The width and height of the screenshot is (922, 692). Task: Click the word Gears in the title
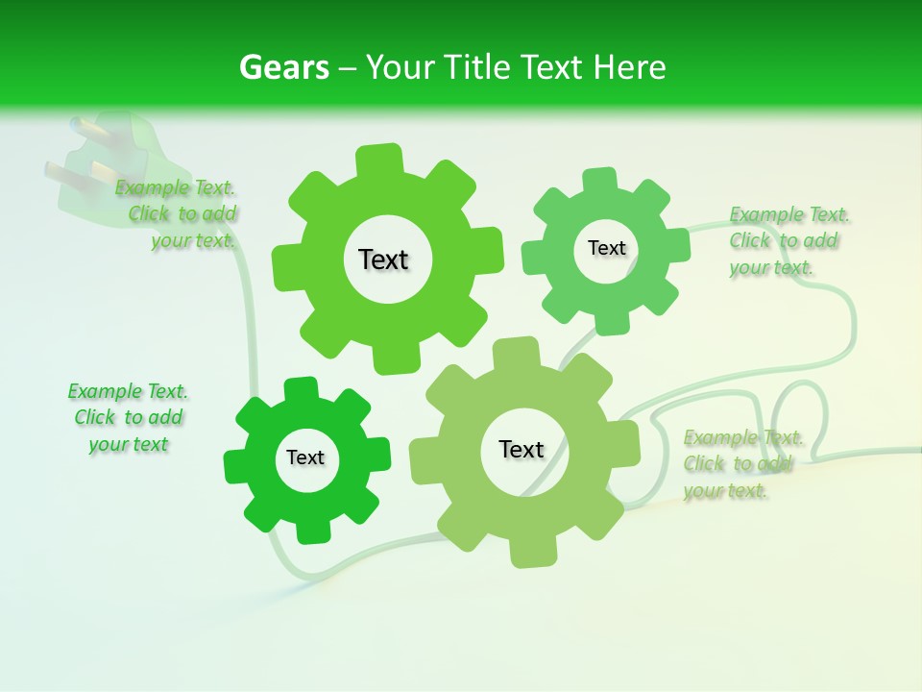283,67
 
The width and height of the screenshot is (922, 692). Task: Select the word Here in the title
630,67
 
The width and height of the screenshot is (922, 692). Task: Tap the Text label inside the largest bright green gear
383,259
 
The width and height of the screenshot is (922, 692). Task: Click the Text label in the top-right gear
606,248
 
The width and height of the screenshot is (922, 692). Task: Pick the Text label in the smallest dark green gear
305,457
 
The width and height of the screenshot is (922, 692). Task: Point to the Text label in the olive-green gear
522,449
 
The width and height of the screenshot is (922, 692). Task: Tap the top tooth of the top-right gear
599,181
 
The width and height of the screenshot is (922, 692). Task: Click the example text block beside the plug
177,214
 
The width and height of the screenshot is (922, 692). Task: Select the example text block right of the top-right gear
784,240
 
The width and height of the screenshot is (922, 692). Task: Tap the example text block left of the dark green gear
128,417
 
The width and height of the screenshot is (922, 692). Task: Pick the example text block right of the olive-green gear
742,464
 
